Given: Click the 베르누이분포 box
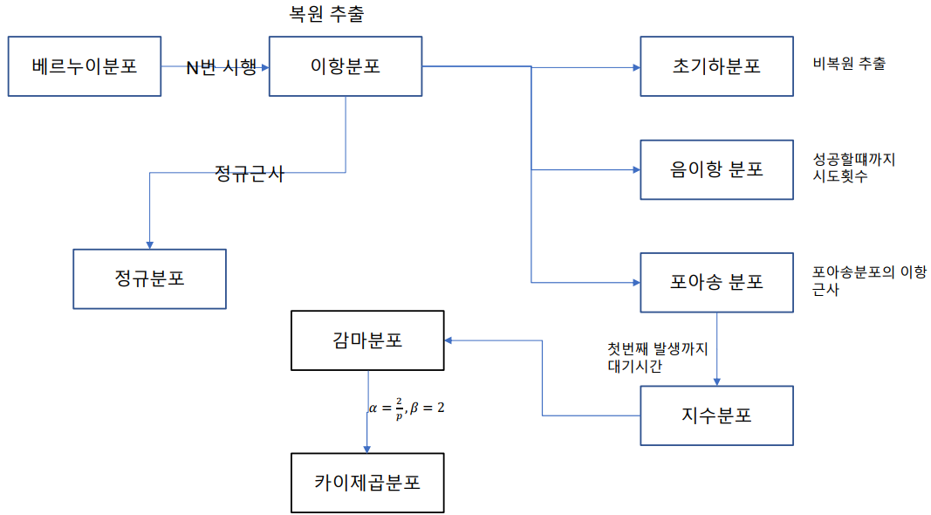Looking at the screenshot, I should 85,66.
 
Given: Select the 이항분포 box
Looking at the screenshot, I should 346,66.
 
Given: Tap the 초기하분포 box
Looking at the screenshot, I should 716,66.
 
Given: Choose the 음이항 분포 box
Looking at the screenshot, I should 716,169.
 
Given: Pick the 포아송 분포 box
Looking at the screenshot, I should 716,283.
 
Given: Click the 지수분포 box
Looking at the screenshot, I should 716,415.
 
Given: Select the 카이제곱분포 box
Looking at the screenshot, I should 367,483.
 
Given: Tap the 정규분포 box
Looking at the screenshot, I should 149,279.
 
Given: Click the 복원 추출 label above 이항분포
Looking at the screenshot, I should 325,15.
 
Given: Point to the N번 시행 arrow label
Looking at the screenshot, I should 222,67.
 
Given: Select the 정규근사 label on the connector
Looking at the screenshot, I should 249,173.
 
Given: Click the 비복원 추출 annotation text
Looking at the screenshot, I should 848,64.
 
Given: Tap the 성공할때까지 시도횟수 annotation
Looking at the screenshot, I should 852,168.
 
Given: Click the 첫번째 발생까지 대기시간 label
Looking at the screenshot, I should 658,357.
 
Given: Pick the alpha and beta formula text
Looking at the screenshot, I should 407,408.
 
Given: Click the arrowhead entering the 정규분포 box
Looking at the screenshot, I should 149,244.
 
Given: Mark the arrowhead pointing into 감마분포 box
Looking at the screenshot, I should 450,340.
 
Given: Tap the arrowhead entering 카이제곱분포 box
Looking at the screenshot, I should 367,448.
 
